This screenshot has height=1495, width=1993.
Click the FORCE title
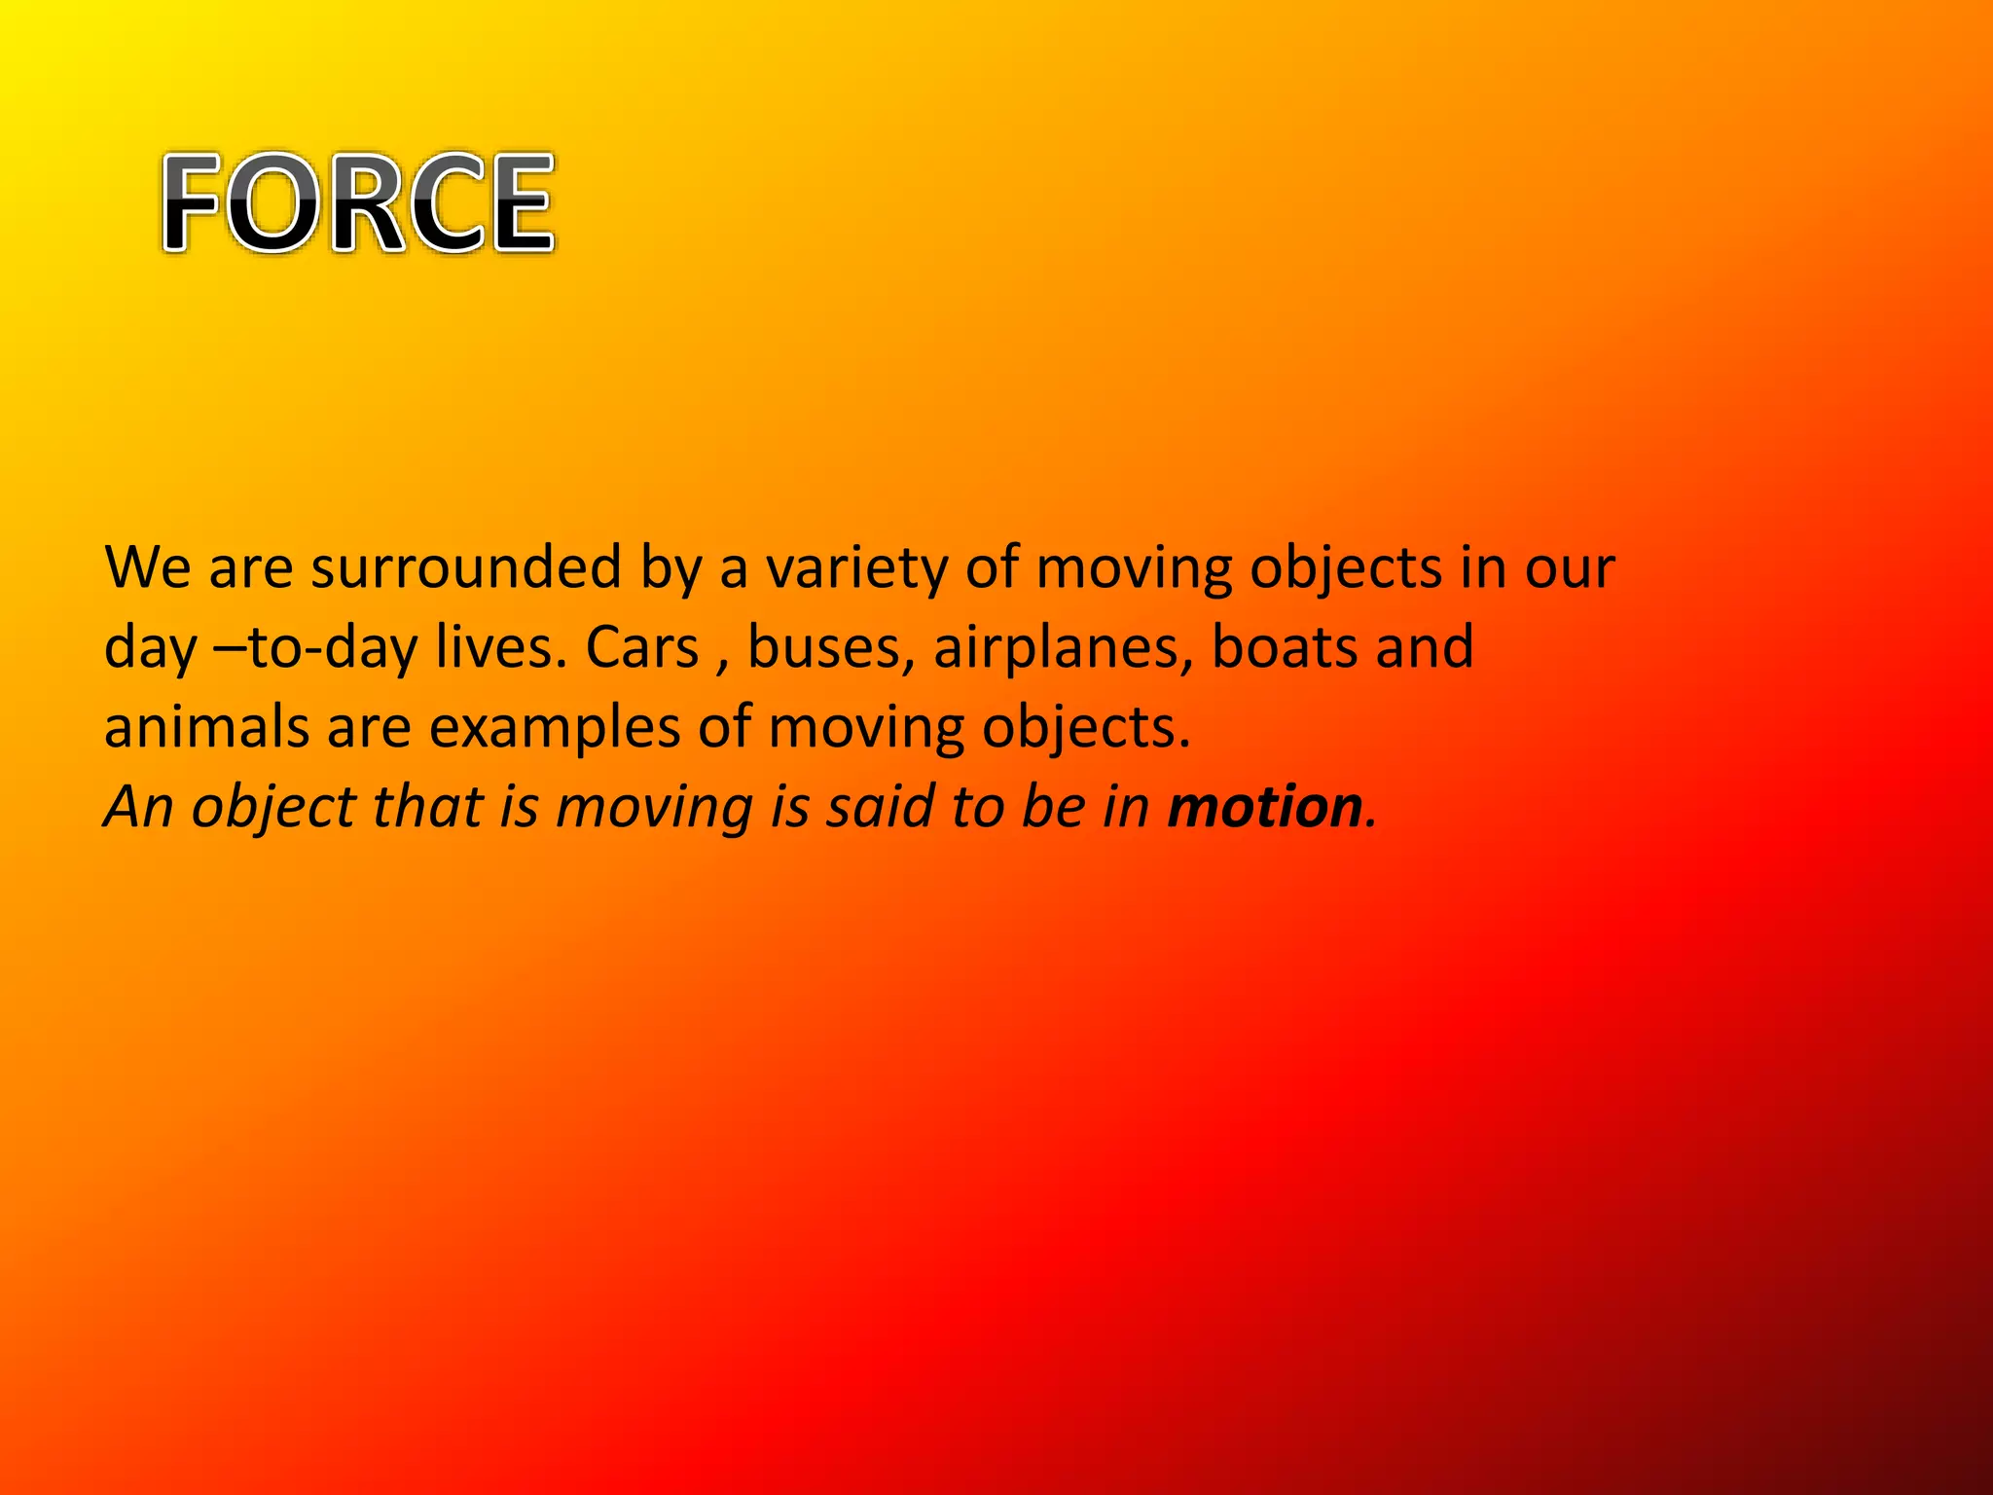[x=358, y=203]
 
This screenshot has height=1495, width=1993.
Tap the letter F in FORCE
[x=191, y=203]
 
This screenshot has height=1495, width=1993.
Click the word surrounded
[x=465, y=567]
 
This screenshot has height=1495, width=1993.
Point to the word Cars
[x=642, y=647]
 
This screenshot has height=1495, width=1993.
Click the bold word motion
[x=1264, y=807]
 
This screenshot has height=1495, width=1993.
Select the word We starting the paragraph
[x=147, y=567]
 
